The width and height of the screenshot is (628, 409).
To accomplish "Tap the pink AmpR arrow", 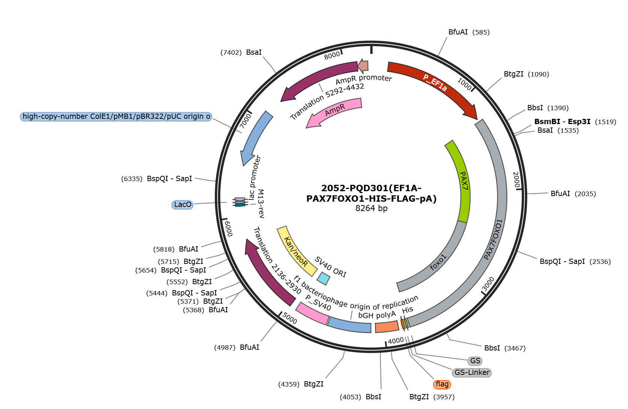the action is [334, 111].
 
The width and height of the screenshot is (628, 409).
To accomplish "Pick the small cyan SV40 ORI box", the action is [323, 279].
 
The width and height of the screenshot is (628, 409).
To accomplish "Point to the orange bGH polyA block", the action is [387, 327].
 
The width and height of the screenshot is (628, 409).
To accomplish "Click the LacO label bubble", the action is [183, 205].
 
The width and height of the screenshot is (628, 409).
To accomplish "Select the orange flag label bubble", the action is [442, 384].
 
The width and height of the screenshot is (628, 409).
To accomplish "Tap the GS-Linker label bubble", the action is [472, 373].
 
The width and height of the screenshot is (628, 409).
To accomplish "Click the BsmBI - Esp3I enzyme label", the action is [562, 122].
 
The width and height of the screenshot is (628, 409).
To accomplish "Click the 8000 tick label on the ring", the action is [332, 55].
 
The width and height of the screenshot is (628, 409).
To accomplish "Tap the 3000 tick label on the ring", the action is [488, 284].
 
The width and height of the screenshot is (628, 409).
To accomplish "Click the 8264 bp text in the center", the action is [371, 208].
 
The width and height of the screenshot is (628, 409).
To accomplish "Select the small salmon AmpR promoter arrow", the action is [363, 66].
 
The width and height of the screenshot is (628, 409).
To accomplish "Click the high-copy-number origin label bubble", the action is [116, 117].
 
